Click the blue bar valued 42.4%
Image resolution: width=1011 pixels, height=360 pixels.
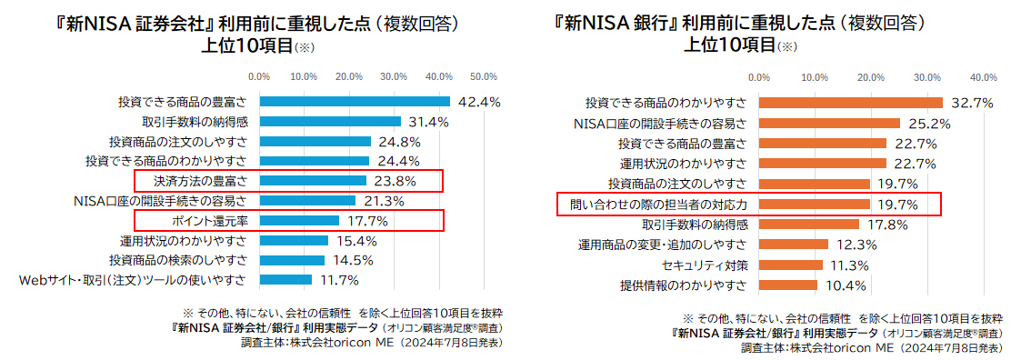[x=355, y=102]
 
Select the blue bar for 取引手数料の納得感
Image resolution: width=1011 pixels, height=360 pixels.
[x=330, y=122]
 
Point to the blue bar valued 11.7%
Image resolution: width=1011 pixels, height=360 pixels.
[x=285, y=280]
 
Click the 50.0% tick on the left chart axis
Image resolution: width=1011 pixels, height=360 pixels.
[x=483, y=76]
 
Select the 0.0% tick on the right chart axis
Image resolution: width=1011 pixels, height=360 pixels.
[x=759, y=76]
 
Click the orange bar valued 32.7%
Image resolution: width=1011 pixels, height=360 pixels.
[x=850, y=103]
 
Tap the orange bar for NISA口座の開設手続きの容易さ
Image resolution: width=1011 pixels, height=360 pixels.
[x=829, y=124]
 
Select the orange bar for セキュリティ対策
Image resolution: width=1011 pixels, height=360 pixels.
[x=790, y=265]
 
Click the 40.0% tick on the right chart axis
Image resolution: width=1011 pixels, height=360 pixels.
[x=984, y=76]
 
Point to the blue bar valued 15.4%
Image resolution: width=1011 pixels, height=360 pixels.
[x=294, y=241]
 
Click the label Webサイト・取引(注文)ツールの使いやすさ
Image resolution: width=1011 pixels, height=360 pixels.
[x=133, y=280]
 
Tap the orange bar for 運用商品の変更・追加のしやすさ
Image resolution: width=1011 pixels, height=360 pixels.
[x=794, y=245]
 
